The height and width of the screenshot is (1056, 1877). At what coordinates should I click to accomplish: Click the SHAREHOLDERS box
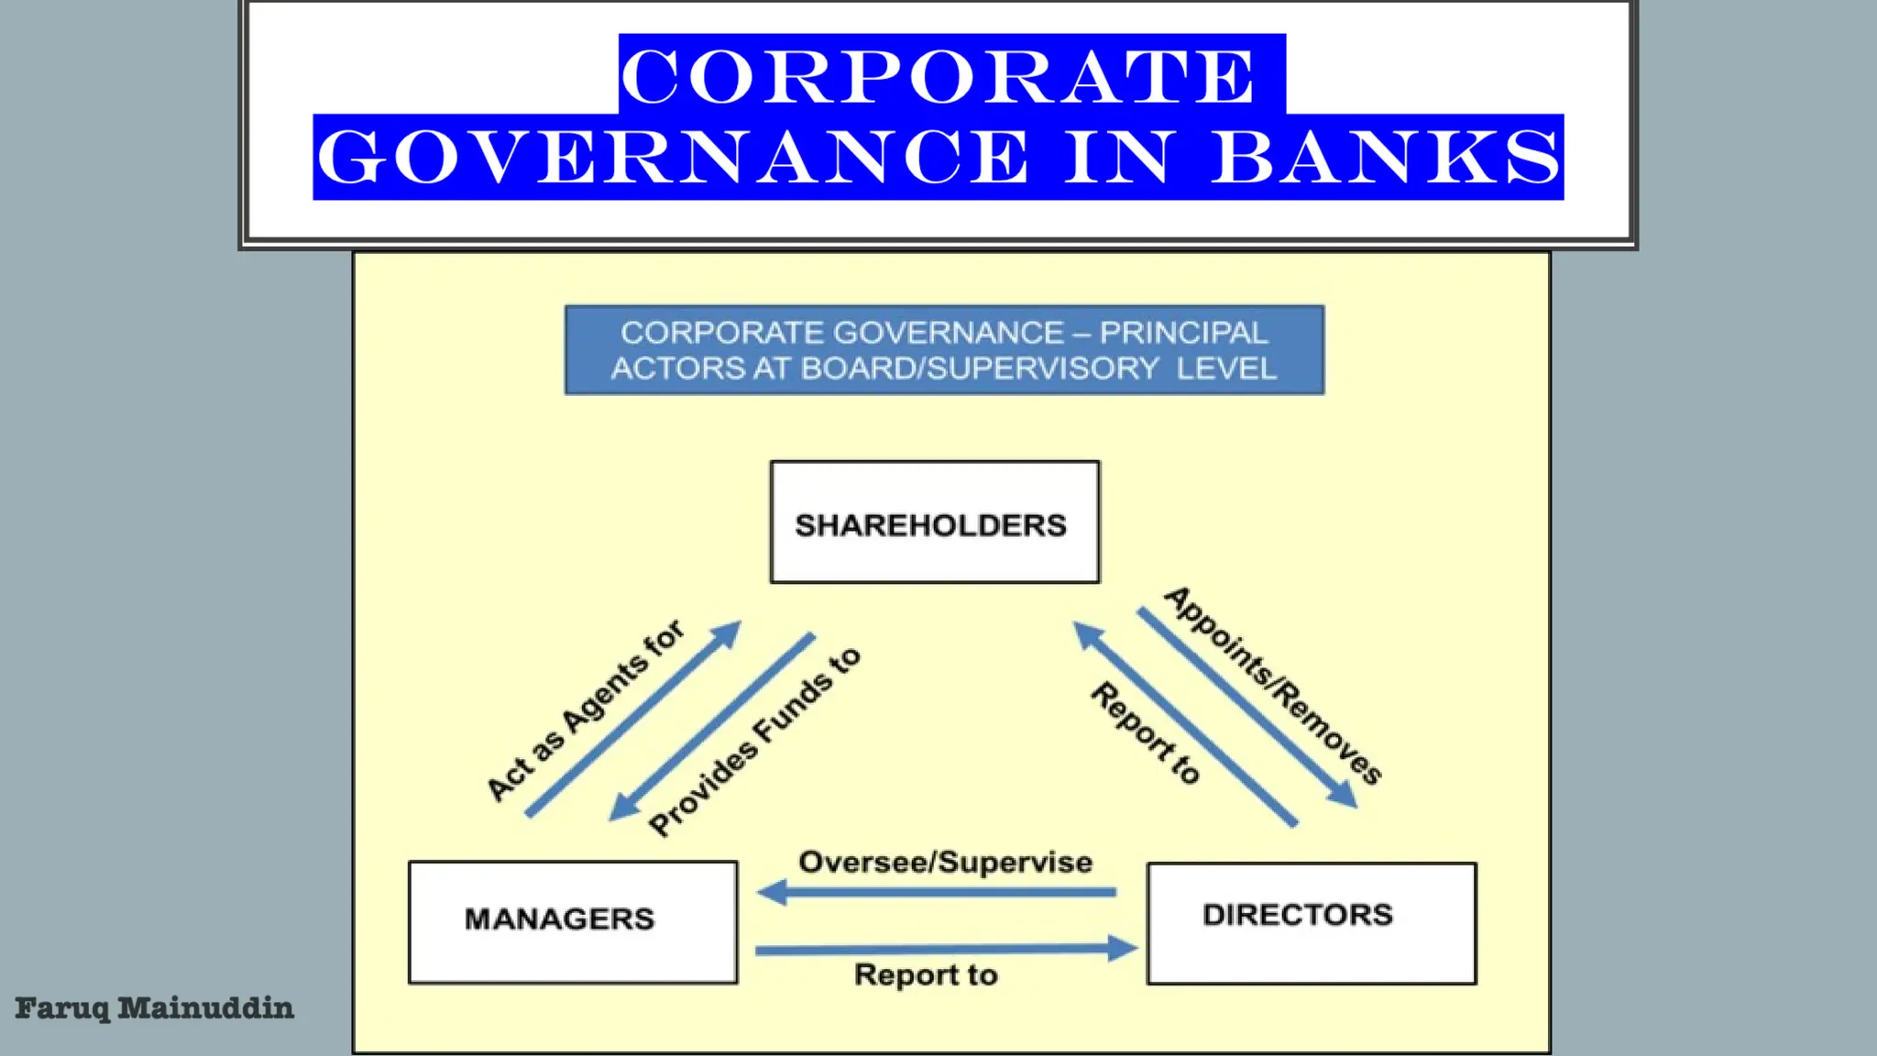click(x=934, y=522)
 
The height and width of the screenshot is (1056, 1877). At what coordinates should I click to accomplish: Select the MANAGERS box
click(x=573, y=921)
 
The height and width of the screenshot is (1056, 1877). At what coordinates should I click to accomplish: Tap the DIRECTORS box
click(x=1311, y=922)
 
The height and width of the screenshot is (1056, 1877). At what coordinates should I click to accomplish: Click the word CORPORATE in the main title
click(x=938, y=75)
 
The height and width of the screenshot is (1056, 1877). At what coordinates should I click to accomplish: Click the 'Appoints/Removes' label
click(x=1274, y=686)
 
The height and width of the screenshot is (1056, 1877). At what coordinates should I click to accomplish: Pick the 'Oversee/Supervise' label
click(x=945, y=863)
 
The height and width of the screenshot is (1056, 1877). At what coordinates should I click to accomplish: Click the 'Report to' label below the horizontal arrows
click(x=926, y=974)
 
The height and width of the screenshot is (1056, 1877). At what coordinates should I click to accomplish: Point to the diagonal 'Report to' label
click(x=1146, y=732)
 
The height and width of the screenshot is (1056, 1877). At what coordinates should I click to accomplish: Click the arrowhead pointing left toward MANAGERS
click(x=773, y=892)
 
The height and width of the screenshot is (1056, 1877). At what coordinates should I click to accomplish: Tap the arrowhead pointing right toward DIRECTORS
click(x=1122, y=948)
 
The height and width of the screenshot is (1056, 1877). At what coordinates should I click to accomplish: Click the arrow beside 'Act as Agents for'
click(x=632, y=720)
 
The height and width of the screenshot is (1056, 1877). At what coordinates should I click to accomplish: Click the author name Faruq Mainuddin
click(x=154, y=1008)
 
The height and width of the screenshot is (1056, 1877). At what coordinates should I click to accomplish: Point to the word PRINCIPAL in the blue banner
click(x=1183, y=333)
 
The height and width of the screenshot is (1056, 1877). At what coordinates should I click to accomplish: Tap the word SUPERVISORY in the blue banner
click(x=1042, y=368)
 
